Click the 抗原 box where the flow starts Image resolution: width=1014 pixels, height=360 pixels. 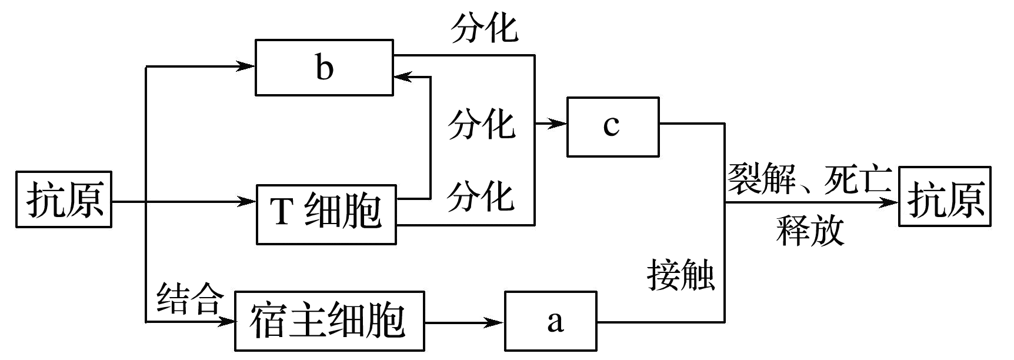(x=64, y=200)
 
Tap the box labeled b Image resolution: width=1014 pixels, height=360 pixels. (x=324, y=67)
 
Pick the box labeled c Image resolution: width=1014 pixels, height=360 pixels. (x=612, y=126)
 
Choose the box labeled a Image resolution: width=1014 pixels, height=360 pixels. (x=551, y=321)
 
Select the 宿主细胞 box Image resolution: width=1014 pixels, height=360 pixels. (x=329, y=321)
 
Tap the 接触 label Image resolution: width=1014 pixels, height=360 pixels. (x=681, y=275)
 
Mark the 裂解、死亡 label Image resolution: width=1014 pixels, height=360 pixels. (x=810, y=179)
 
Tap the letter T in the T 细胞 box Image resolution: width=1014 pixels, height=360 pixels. (x=281, y=211)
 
